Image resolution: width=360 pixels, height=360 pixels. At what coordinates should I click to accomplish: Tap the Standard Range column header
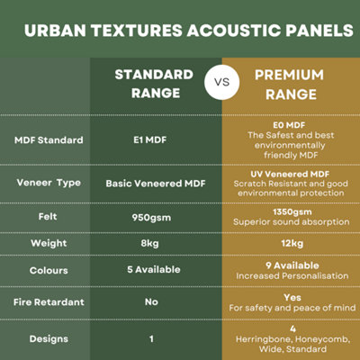coord(154,84)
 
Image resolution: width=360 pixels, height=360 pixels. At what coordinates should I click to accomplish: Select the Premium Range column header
coord(288,84)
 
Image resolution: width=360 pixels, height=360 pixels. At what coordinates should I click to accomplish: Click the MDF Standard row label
coord(49,140)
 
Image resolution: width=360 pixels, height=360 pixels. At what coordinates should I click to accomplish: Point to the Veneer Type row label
coord(49,183)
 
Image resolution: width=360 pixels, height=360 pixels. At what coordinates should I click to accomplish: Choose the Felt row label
coord(49,217)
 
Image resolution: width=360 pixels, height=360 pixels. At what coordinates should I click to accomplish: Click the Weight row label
coord(49,242)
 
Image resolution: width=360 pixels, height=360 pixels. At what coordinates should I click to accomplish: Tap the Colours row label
coord(49,269)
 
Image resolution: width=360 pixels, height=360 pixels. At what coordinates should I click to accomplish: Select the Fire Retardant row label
coord(49,301)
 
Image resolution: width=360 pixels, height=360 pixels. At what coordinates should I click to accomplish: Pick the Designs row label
coord(49,338)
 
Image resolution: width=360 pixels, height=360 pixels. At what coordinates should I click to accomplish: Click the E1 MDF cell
coord(151,140)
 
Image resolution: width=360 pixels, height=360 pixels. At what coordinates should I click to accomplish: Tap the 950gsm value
coord(151,217)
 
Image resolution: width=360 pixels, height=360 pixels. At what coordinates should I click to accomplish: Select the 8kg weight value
coord(151,242)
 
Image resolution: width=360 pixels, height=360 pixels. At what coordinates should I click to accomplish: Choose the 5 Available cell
coord(151,269)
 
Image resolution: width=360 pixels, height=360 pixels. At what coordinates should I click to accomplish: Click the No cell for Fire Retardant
coord(151,301)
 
